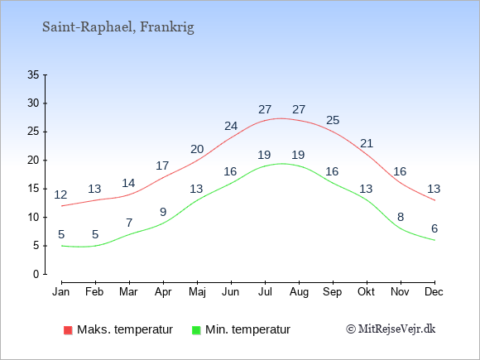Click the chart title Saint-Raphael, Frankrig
click(118, 27)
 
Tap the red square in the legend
click(68, 330)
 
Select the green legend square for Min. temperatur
click(196, 330)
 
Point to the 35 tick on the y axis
click(33, 74)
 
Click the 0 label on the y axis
click(36, 274)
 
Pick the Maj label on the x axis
click(197, 292)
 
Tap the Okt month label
click(366, 292)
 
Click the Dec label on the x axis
click(434, 292)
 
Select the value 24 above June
click(231, 126)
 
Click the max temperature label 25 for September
click(333, 120)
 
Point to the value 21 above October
click(367, 143)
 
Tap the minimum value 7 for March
click(129, 223)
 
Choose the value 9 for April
click(163, 212)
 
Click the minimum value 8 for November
click(401, 217)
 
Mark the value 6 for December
click(434, 228)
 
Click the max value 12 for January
click(61, 194)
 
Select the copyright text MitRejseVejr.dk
click(391, 329)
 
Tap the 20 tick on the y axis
click(33, 160)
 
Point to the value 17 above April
click(162, 166)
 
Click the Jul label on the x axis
click(265, 292)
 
